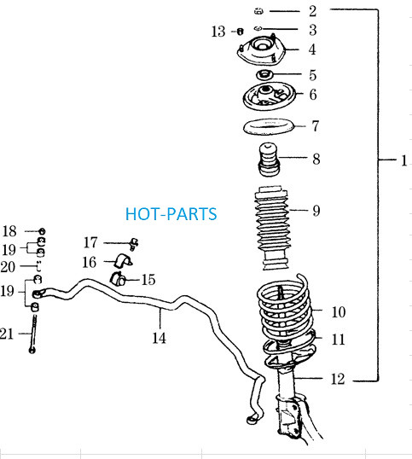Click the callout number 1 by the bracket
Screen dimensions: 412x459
coord(404,160)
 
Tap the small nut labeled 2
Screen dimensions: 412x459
coord(258,11)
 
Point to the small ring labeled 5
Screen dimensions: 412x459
coord(264,75)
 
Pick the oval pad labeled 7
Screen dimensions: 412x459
coord(269,126)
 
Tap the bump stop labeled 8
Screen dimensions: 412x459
coord(269,160)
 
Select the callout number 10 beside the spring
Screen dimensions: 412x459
coord(339,311)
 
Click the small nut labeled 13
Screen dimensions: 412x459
coord(240,32)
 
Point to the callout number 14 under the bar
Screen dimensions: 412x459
coord(160,338)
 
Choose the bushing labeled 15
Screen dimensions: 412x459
coord(119,279)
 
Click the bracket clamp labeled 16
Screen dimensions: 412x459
coord(123,260)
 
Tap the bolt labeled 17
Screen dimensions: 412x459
coord(134,244)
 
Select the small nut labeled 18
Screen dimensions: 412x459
coord(42,231)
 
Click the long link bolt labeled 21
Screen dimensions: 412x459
coord(33,334)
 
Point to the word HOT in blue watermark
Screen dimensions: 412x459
coord(142,213)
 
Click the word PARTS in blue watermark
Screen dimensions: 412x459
coord(192,213)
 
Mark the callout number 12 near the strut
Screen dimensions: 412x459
coord(338,379)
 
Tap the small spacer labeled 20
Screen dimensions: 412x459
coord(38,266)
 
